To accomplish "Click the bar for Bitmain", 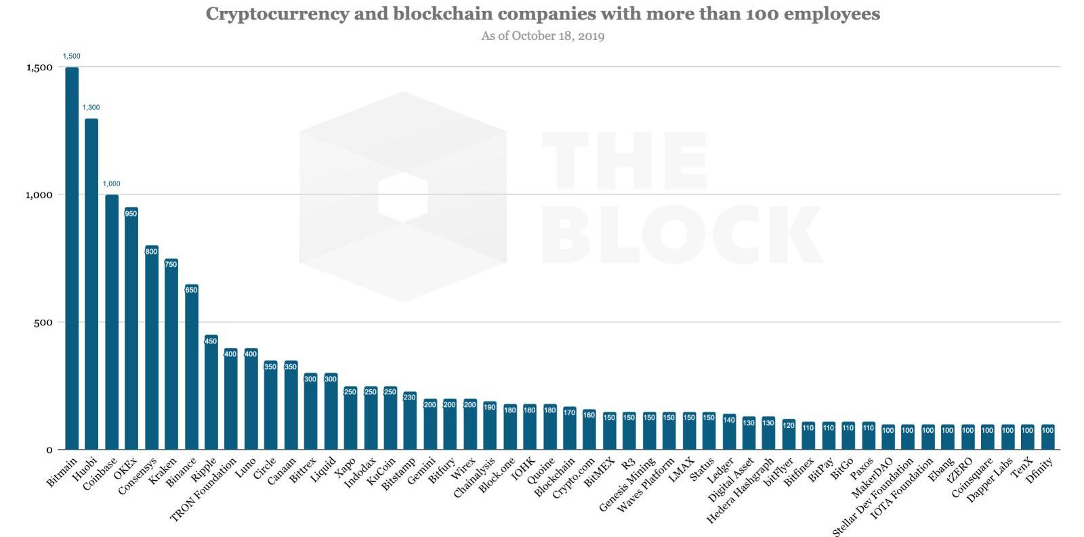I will click(71, 257).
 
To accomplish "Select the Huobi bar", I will click(91, 284).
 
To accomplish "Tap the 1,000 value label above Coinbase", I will click(111, 184).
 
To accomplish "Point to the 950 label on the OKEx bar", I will click(131, 214).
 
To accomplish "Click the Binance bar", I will click(191, 369).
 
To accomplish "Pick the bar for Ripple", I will click(211, 393).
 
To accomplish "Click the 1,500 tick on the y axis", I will click(39, 67).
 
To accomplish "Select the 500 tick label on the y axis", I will click(43, 322).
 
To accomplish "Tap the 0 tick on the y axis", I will click(49, 450).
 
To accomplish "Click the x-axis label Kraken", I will click(163, 471).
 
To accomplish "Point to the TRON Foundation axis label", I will click(204, 489).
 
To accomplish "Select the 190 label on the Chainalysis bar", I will click(490, 407).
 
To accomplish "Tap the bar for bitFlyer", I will click(789, 435).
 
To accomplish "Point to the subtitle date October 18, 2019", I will click(558, 36).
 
